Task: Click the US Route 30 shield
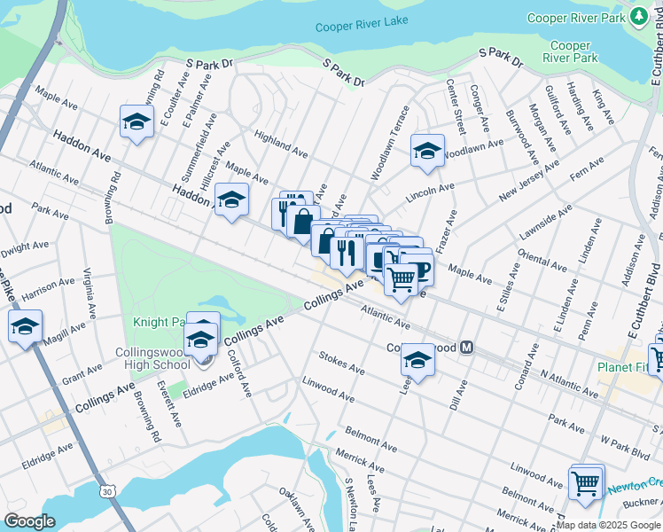[107, 490]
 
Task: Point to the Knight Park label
[160, 322]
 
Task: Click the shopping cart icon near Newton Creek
[586, 482]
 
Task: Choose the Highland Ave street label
[280, 142]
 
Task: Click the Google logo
[30, 521]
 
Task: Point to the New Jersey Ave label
[529, 180]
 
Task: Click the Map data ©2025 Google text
[608, 525]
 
